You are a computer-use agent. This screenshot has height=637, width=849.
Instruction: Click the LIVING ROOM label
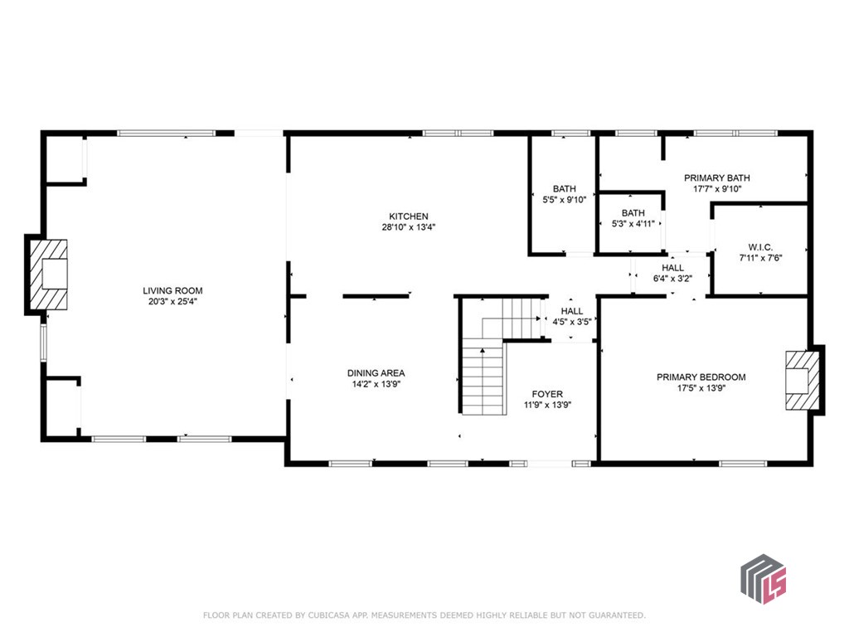(172, 291)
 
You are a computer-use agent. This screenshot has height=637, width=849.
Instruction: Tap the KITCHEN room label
(409, 216)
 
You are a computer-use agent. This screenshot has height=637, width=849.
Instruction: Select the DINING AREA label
(376, 373)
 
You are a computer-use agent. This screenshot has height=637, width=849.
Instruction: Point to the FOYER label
(547, 394)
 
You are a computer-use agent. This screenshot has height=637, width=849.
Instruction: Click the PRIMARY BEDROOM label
(701, 377)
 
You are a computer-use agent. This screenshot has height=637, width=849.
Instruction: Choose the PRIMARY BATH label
(717, 177)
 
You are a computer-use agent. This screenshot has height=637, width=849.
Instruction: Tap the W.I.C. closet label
(761, 247)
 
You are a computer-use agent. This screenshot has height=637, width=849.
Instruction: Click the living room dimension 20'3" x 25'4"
(172, 302)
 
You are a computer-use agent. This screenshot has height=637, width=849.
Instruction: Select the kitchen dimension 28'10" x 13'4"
(409, 227)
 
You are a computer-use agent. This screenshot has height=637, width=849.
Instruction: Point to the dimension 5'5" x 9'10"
(564, 199)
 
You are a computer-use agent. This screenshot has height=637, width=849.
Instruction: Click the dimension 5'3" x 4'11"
(633, 224)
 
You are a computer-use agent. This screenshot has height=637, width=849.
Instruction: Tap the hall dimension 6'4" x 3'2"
(672, 279)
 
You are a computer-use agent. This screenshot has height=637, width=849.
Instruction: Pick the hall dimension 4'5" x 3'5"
(572, 322)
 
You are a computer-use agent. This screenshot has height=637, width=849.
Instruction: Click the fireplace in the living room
(49, 275)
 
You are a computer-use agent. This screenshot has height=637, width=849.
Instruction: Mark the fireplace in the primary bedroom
(802, 380)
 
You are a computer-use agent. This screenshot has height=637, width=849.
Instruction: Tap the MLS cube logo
(764, 579)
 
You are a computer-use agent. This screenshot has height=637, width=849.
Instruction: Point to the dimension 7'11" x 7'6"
(761, 258)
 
